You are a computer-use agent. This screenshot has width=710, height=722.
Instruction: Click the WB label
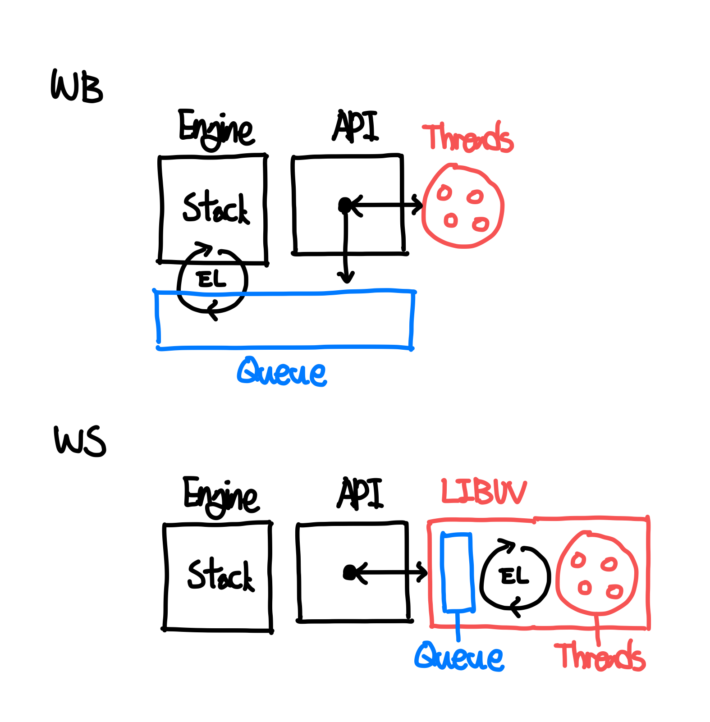pos(77,87)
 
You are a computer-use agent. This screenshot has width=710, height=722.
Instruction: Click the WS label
pos(80,442)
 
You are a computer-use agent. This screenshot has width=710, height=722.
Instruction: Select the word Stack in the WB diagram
pos(215,208)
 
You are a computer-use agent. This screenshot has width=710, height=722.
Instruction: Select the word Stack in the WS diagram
pos(220,576)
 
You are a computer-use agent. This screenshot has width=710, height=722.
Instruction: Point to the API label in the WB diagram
pos(355,127)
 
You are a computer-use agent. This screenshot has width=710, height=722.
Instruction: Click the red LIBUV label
pos(483,491)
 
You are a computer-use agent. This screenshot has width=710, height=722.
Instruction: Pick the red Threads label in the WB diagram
pos(467,137)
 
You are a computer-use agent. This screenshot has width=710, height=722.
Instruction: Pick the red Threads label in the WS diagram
pos(600,657)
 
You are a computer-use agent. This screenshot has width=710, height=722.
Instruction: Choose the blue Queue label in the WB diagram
pos(282,372)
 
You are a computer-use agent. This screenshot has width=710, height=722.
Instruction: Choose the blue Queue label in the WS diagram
pos(459,657)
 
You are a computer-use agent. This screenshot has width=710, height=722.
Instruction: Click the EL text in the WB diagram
pos(212,280)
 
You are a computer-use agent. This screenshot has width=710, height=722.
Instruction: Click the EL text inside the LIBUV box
pos(514,576)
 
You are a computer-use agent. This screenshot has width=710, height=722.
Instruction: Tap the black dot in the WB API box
pos(345,205)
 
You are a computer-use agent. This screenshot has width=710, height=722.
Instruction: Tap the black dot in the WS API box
pos(349,572)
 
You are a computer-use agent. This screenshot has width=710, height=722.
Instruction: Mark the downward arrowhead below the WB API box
pos(346,278)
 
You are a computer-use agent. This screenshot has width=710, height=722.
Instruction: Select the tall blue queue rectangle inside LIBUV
pos(458,572)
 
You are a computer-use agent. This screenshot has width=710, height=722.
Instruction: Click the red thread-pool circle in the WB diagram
pos(463,206)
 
